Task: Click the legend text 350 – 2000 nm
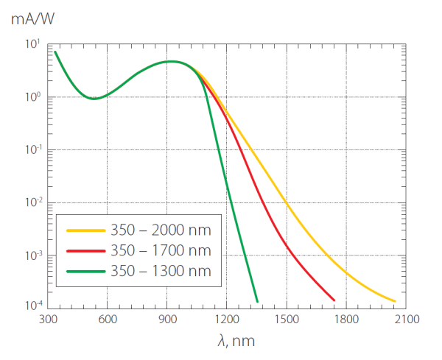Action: pos(159,229)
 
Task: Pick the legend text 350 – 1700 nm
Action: pos(159,250)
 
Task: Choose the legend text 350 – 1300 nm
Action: pos(159,271)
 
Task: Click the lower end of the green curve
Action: pos(256,301)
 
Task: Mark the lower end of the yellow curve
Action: pos(395,301)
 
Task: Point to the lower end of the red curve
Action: pos(334,300)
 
